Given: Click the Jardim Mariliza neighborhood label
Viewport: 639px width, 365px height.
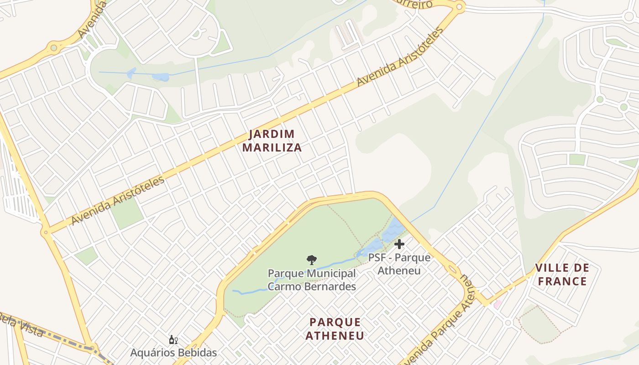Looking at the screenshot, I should click(272, 141).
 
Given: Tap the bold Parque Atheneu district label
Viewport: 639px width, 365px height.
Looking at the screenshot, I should click(335, 329).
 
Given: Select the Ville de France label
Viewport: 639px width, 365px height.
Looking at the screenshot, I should click(562, 274).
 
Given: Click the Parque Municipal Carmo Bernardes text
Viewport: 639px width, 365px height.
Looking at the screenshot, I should click(311, 280).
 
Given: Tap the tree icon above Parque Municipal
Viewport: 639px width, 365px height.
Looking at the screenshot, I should click(311, 260).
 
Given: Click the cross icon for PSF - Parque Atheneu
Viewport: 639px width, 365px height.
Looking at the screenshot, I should click(399, 244).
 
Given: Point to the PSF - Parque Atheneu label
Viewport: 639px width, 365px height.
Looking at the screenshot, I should click(399, 264).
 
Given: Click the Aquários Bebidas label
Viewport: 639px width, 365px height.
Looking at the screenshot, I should click(173, 352).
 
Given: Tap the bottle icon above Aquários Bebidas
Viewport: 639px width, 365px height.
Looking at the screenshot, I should click(173, 339).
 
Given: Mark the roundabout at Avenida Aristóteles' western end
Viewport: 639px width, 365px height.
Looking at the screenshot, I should click(45, 232).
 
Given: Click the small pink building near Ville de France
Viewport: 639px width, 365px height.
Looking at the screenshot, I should click(497, 304).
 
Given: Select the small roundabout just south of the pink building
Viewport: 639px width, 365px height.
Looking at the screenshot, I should click(508, 323).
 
